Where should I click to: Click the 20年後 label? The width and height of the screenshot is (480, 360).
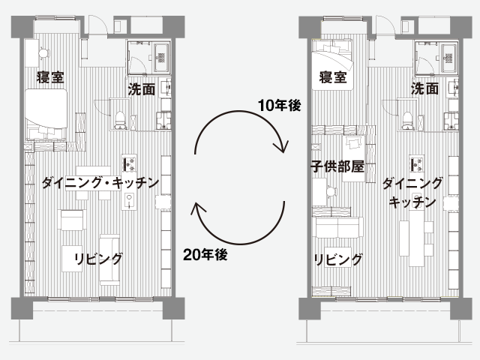[205, 254]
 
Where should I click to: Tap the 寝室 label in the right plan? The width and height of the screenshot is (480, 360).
[333, 77]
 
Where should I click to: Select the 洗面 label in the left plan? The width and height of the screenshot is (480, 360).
[142, 89]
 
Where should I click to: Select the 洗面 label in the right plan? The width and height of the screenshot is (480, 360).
[424, 89]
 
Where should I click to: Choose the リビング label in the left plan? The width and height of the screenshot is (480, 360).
[98, 259]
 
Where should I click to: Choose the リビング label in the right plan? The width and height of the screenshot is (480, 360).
[338, 259]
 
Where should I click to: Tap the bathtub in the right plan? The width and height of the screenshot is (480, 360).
[448, 55]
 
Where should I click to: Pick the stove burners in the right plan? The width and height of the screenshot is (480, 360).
[413, 162]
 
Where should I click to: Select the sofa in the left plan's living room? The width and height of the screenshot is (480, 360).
[109, 259]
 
